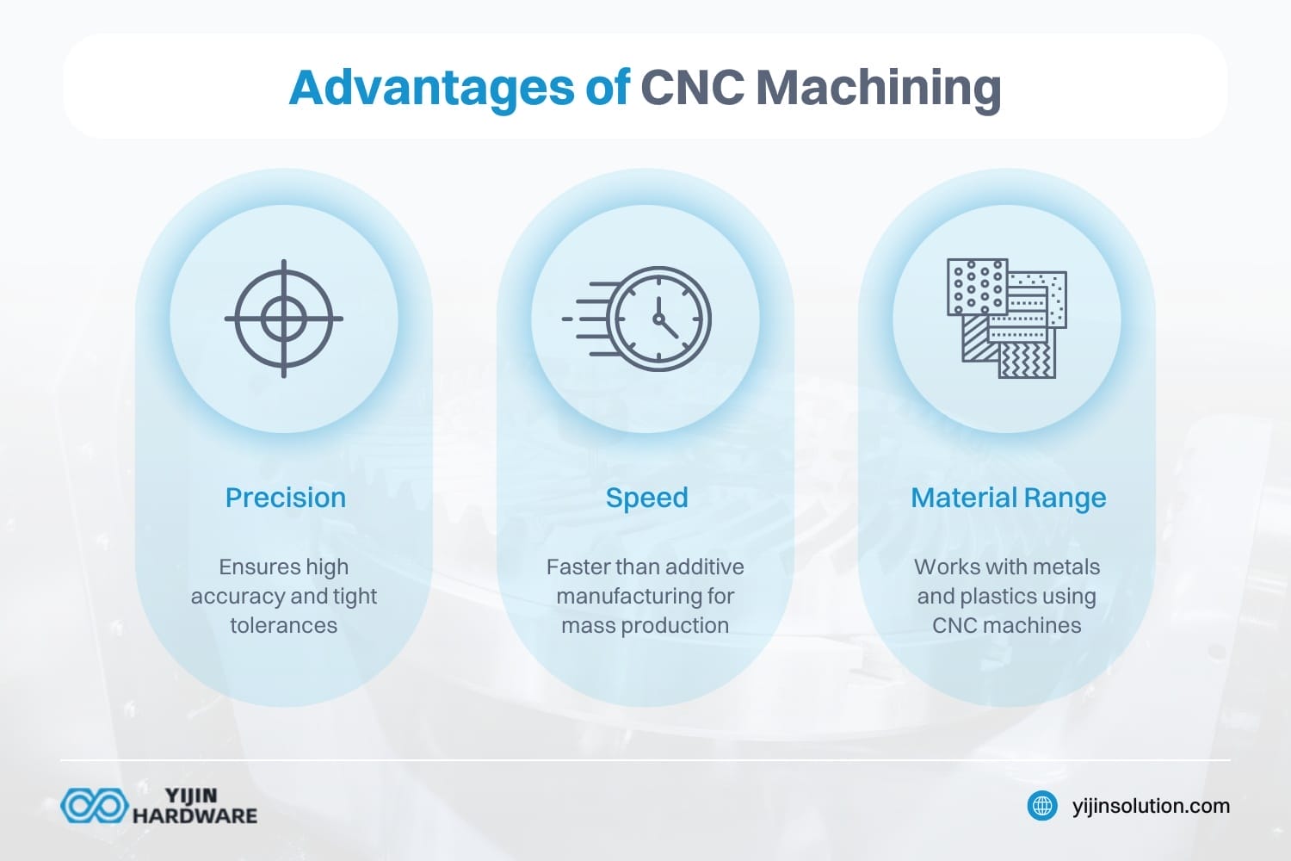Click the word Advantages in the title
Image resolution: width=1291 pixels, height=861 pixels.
click(431, 88)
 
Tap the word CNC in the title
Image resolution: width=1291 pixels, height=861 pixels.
click(693, 88)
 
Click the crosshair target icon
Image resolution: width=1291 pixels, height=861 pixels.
click(284, 319)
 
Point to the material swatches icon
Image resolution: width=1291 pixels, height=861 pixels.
click(1007, 319)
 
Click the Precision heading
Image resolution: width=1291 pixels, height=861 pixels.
click(285, 498)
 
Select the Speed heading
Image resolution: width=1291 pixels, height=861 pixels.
click(646, 498)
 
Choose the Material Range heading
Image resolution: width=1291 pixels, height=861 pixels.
click(1008, 498)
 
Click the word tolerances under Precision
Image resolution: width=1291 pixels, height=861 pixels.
click(283, 625)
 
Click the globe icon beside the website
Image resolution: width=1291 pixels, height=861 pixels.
click(1042, 806)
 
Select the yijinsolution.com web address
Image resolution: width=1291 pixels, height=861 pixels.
click(1151, 806)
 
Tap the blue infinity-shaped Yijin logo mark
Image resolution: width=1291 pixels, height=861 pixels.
click(94, 806)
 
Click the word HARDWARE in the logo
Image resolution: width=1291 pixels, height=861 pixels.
click(195, 815)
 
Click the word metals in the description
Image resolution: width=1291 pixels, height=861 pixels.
click(1067, 567)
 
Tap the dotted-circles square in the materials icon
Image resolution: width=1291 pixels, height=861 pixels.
click(976, 286)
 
